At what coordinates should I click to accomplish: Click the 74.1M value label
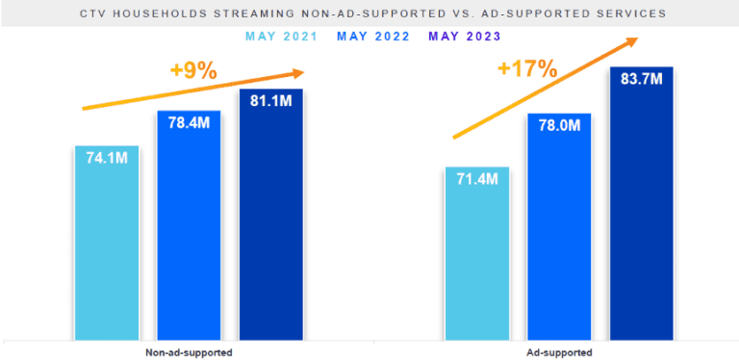tap(107, 158)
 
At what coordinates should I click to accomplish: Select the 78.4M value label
tap(189, 122)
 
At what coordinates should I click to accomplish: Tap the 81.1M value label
tap(270, 101)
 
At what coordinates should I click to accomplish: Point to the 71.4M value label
tap(477, 180)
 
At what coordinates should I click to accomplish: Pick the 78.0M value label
tap(559, 126)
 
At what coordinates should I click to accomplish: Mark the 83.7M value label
tap(641, 79)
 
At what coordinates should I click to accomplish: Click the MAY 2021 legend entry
tap(281, 37)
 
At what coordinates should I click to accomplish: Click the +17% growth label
tap(526, 68)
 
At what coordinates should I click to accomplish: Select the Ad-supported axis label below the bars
tap(559, 352)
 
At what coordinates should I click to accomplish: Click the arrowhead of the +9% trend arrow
tap(297, 72)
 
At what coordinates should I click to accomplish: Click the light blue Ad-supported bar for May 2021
tap(477, 260)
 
